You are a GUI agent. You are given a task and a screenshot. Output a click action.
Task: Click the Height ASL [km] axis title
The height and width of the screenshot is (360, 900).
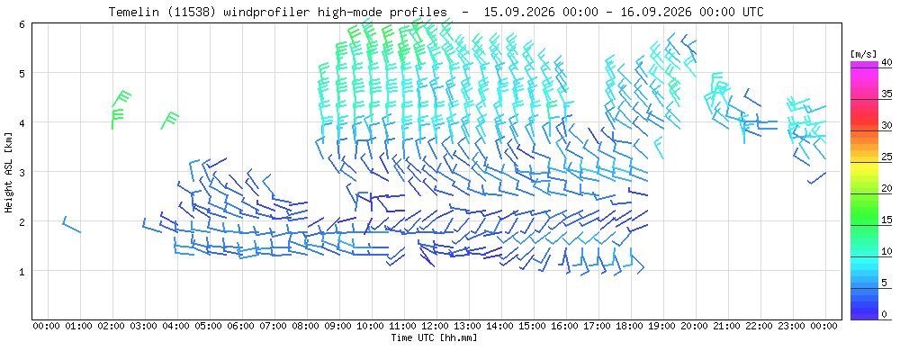8,172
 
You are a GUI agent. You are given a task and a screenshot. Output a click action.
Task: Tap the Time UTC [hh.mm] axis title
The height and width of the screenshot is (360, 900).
434,337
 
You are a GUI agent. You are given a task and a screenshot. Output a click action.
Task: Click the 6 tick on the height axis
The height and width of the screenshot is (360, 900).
22,23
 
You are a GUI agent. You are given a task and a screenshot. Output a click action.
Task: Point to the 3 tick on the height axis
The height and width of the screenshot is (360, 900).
22,172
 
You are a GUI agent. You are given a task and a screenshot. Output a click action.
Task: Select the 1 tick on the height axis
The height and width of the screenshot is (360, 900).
22,270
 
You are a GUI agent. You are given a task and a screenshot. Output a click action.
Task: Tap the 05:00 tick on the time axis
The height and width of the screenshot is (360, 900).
210,327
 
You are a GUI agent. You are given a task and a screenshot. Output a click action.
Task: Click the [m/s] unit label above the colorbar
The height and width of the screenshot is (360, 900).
864,54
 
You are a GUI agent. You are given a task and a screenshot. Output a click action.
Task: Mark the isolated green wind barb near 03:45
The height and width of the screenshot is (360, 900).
169,121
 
